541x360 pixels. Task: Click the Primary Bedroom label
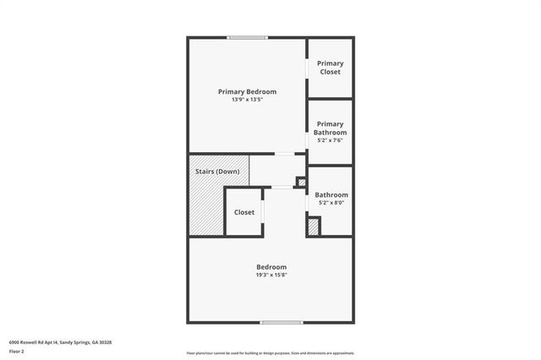point(247,91)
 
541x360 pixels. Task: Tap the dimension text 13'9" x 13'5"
point(247,100)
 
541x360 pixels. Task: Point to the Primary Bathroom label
point(330,128)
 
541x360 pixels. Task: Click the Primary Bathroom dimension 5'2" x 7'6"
point(330,140)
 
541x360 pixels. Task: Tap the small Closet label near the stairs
point(244,212)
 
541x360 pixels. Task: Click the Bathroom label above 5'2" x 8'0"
point(331,194)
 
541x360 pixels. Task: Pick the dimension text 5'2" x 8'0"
point(331,203)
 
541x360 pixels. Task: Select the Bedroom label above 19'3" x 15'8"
point(271,266)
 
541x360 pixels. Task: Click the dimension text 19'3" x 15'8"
point(271,275)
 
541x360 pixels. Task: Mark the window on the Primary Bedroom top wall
point(247,37)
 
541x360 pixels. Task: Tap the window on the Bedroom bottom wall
point(281,322)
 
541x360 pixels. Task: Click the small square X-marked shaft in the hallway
point(300,181)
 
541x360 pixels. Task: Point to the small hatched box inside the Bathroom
point(313,226)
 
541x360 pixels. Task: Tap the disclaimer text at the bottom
point(270,352)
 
